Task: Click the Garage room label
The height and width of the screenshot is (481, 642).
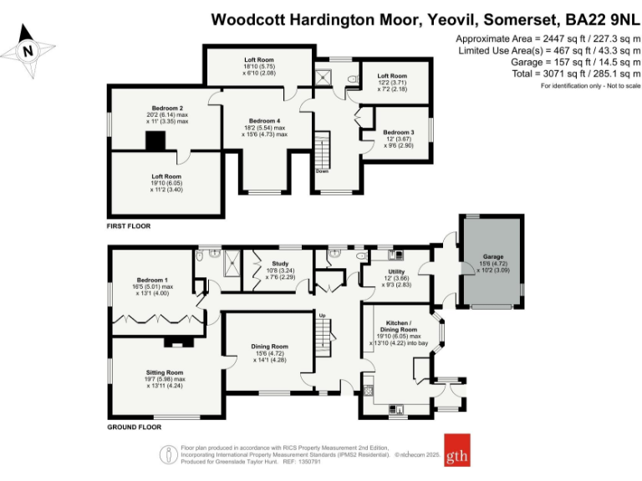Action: click(493, 256)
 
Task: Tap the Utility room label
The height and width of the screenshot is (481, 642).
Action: click(396, 271)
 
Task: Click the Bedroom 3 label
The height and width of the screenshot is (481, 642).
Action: click(399, 133)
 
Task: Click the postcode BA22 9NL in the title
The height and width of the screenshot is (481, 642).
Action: click(596, 18)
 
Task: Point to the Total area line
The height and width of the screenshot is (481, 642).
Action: click(546, 73)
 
